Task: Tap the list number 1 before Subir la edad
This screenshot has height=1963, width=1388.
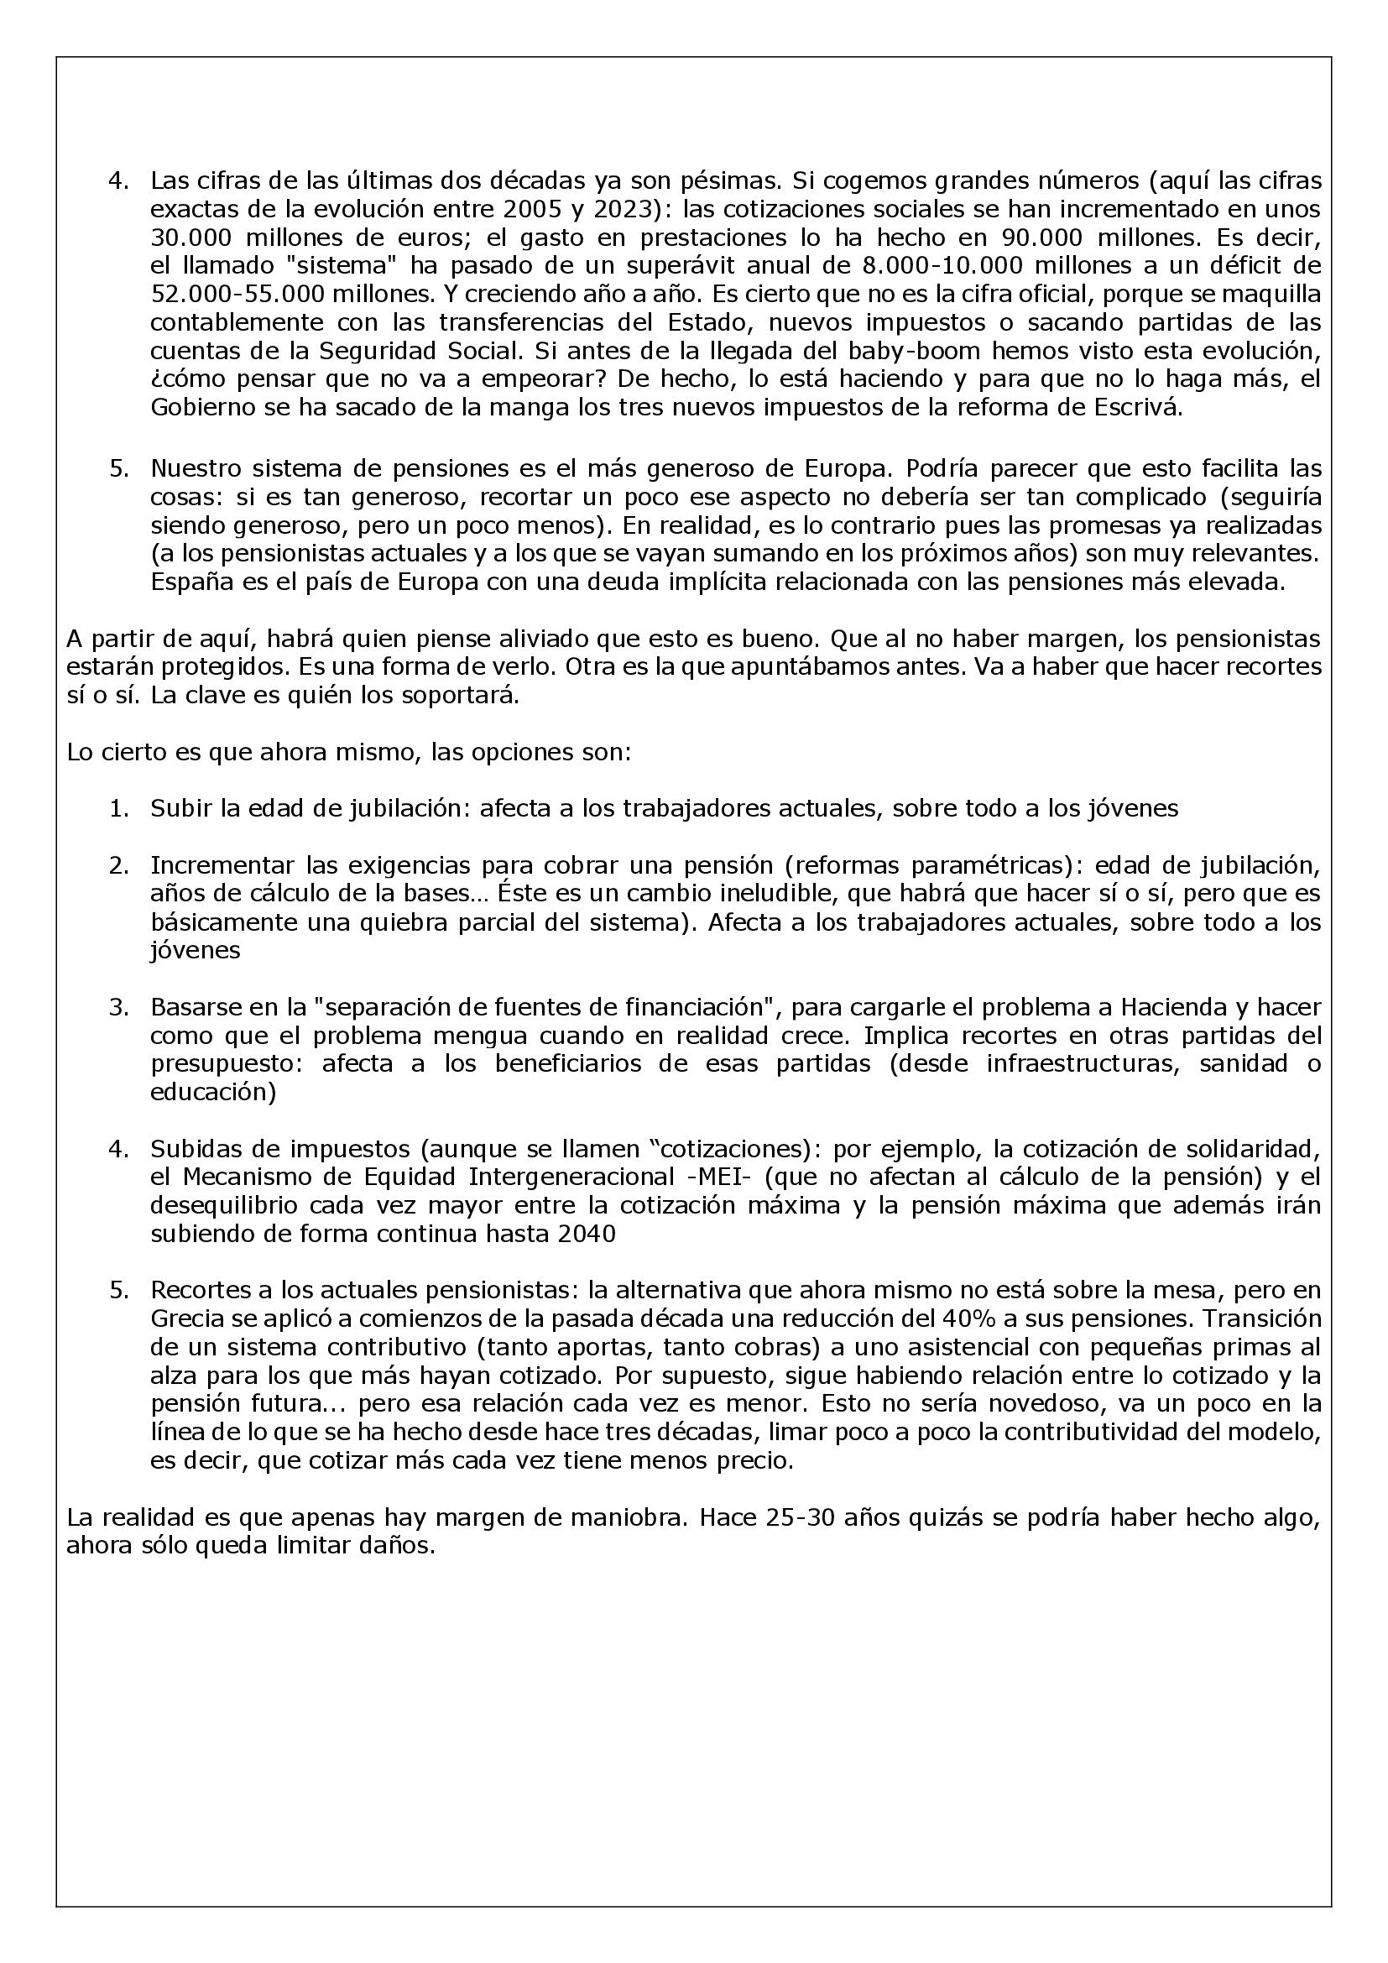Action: point(119,808)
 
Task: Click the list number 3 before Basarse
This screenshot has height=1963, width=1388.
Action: point(119,1007)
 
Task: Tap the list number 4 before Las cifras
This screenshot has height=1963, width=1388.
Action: point(119,181)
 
